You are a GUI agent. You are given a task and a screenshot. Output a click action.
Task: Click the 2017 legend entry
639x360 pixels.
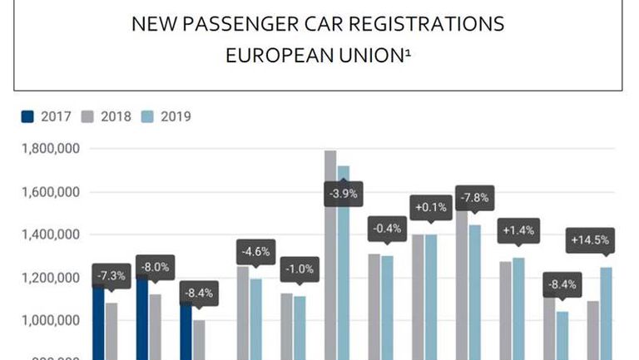(48, 116)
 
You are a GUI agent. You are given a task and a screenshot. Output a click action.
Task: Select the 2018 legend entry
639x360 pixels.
(107, 116)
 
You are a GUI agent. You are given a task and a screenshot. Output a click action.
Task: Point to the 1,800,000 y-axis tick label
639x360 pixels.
(48, 150)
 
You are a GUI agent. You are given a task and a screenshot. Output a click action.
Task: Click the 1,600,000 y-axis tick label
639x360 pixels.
(48, 192)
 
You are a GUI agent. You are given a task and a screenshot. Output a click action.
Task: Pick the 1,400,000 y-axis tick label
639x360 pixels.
(48, 235)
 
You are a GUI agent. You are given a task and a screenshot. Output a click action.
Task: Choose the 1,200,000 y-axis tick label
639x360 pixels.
(48, 278)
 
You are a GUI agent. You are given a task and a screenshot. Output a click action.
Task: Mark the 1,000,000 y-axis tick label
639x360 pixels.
(48, 321)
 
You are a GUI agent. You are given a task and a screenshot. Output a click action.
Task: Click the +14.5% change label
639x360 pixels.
(590, 241)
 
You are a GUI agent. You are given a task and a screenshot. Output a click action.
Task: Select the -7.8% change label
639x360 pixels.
(475, 198)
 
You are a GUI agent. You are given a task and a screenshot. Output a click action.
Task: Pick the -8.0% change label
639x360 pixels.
(156, 267)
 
